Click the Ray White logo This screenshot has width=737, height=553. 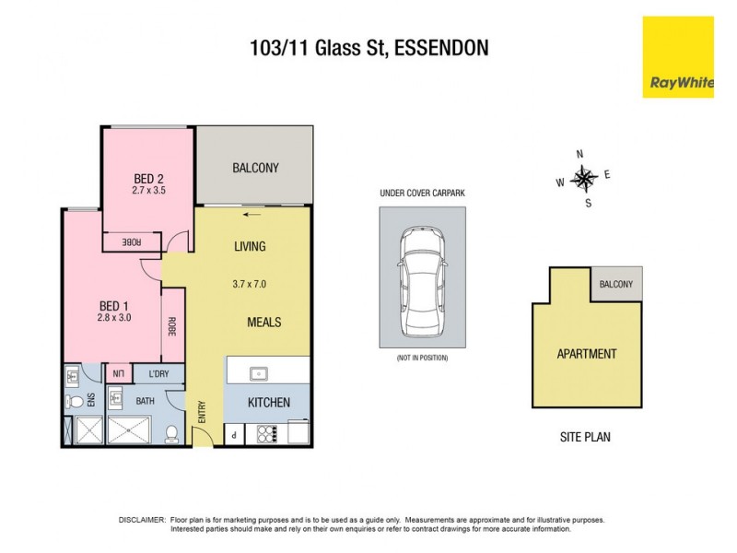[x=681, y=57]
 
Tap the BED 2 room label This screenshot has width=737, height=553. [x=148, y=179]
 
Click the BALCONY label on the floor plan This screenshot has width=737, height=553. [x=255, y=168]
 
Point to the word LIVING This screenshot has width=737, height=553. [x=250, y=246]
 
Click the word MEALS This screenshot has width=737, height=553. [x=263, y=323]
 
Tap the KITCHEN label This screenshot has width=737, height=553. [x=269, y=403]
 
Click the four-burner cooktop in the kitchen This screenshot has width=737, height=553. [x=265, y=433]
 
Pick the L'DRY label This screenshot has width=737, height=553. [x=161, y=373]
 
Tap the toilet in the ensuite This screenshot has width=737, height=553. [x=75, y=402]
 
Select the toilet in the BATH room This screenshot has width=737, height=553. [x=171, y=433]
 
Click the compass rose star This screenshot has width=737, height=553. [x=584, y=177]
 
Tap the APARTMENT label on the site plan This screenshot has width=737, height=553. [x=586, y=354]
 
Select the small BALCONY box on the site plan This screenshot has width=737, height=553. [x=616, y=284]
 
